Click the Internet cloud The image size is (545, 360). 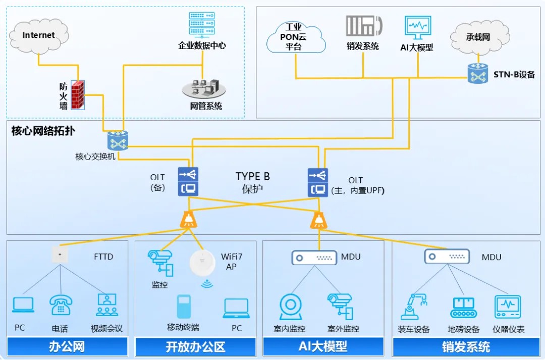tap(39, 35)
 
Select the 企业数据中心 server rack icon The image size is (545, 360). tap(201, 24)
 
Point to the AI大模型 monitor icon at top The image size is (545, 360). tap(417, 28)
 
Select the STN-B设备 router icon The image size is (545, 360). tap(477, 74)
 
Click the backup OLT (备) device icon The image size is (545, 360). tap(188, 182)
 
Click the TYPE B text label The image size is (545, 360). tap(252, 177)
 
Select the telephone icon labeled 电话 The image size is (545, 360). tap(60, 306)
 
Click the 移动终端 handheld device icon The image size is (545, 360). tap(183, 306)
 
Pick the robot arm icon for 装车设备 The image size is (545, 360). tap(413, 306)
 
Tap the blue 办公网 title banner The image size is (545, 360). tap(67, 347)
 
